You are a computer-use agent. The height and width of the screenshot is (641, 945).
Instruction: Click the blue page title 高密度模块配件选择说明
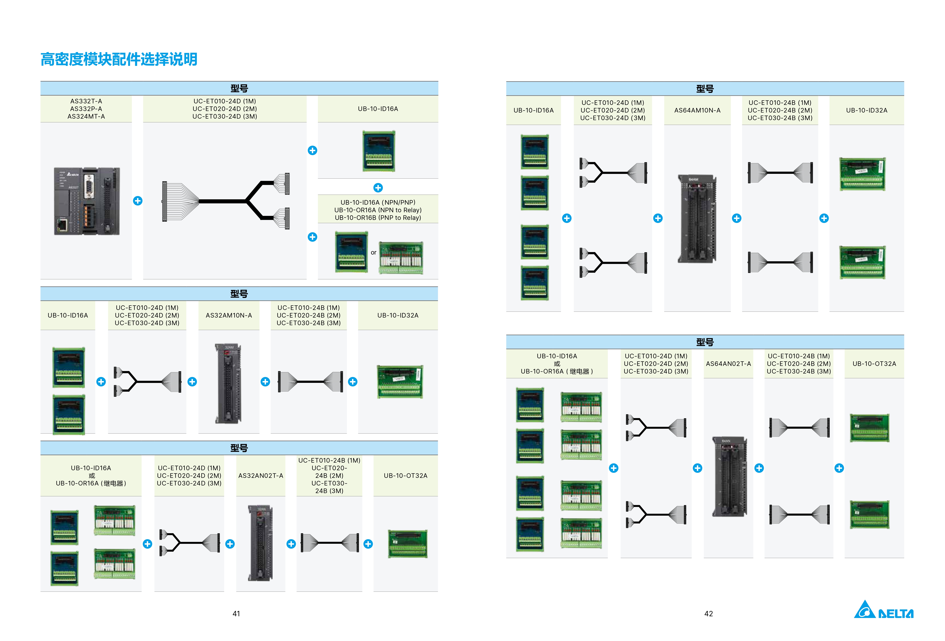[119, 59]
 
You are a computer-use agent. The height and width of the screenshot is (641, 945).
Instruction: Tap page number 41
[236, 614]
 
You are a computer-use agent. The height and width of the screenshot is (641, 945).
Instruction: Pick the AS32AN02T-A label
[261, 476]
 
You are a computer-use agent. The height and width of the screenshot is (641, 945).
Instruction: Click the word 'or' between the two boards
[373, 252]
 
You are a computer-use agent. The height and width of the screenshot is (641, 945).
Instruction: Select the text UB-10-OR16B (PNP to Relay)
[378, 218]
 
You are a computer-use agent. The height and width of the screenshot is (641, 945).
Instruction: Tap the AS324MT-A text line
[86, 117]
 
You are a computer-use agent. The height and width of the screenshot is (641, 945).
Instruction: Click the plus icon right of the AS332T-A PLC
[138, 201]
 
